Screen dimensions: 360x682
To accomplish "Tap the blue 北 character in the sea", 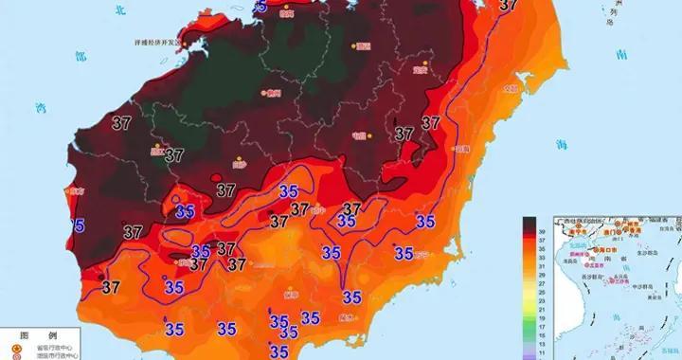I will (x=91, y=11).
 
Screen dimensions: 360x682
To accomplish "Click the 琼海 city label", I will (x=461, y=149).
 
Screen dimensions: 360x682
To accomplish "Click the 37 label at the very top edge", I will (x=509, y=5).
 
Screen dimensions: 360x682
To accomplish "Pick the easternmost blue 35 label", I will (x=425, y=221).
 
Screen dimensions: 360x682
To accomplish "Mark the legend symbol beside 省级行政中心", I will (x=11, y=348).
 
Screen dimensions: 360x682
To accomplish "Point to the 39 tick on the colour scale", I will (x=541, y=230).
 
